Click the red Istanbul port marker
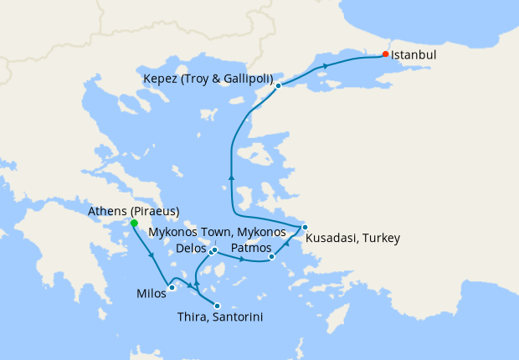(x=385, y=54)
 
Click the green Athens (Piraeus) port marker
(x=134, y=224)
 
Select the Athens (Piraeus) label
(x=133, y=211)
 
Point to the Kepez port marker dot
(x=277, y=85)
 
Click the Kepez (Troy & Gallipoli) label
(x=208, y=79)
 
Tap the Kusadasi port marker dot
(x=306, y=227)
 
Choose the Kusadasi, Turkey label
(x=352, y=239)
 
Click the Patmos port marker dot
(x=272, y=257)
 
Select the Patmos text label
(x=249, y=249)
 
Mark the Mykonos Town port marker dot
(x=215, y=249)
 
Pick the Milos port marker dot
(x=172, y=288)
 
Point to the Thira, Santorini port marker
(x=218, y=306)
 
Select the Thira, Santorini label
(x=221, y=317)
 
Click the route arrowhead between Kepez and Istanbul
(x=325, y=64)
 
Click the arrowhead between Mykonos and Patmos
(x=242, y=260)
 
